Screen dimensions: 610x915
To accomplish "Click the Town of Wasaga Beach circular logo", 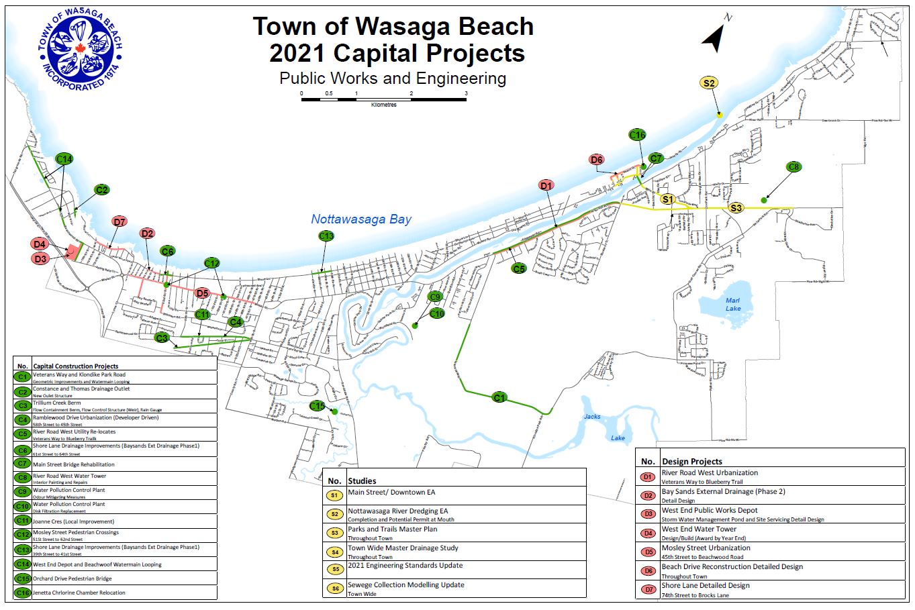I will (x=80, y=51).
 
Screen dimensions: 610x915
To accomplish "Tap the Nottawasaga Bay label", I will (x=361, y=219).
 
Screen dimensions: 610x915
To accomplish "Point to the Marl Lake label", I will (x=733, y=304).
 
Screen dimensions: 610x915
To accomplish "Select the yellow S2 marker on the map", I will (x=709, y=83).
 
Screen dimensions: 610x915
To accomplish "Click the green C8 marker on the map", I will (x=793, y=167).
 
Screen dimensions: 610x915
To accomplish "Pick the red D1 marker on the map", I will (x=546, y=185).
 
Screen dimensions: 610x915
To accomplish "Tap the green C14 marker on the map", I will (x=64, y=159).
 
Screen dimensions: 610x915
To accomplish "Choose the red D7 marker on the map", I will (x=119, y=221).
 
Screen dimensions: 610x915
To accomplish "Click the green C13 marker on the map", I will (x=326, y=236).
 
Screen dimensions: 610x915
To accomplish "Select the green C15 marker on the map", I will (x=318, y=406).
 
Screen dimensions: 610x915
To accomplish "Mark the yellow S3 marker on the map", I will (x=736, y=208).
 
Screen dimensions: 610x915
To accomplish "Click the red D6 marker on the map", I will (x=596, y=160).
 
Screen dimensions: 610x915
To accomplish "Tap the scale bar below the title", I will (x=383, y=99).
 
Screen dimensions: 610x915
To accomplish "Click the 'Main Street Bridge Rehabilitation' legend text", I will (x=74, y=464).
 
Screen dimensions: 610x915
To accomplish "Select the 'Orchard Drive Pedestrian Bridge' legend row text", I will (x=73, y=578).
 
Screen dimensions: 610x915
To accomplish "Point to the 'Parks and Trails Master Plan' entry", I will (x=392, y=529).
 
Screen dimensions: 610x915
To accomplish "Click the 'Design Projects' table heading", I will (x=692, y=462).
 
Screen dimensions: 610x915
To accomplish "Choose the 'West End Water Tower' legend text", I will (x=699, y=529).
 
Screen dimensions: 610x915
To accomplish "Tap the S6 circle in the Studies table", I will (x=334, y=589).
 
